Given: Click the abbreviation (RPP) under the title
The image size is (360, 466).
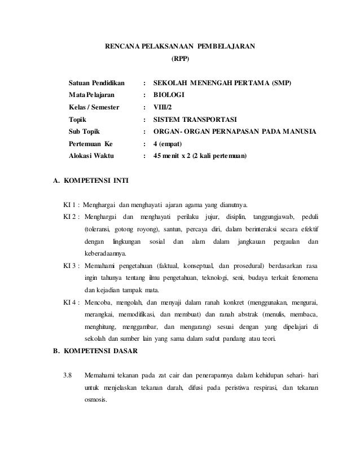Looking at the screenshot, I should [x=181, y=58].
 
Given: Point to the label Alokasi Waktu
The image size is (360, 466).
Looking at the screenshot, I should [x=91, y=155].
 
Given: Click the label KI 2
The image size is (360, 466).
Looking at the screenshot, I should [x=71, y=217].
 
